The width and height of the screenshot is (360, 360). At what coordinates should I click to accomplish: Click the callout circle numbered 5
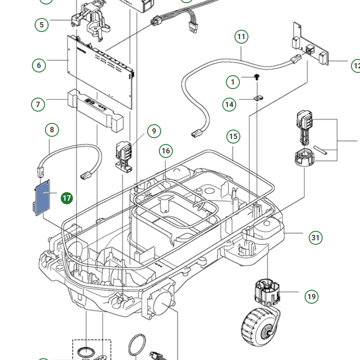click(41, 24)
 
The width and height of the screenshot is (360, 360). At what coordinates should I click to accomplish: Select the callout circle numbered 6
click(39, 65)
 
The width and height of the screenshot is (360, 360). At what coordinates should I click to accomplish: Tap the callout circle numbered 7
click(38, 105)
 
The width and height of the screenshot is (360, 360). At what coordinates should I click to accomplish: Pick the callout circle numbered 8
click(52, 130)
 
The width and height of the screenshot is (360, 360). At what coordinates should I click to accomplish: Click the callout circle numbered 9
click(154, 131)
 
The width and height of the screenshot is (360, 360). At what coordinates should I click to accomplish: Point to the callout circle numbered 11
click(242, 36)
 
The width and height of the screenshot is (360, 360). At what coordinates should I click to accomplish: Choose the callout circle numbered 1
click(233, 82)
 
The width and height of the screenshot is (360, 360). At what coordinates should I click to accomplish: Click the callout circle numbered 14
click(229, 104)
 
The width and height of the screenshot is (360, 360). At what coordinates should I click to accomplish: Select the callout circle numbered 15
click(233, 136)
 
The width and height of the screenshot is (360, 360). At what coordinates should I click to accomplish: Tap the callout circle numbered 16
click(166, 151)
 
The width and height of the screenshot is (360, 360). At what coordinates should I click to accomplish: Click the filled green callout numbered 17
click(67, 198)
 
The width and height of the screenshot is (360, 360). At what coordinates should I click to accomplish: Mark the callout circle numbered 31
click(315, 238)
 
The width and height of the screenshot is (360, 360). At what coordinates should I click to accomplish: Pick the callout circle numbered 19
click(311, 297)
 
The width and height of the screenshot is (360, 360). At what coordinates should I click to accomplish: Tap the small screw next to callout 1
click(256, 78)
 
